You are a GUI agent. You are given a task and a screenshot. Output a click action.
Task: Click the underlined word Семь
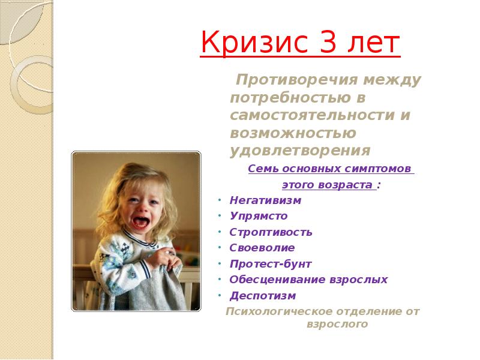pyautogui.click(x=262, y=169)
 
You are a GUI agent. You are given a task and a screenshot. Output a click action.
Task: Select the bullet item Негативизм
pyautogui.click(x=265, y=200)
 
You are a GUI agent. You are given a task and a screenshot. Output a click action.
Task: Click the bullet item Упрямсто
pyautogui.click(x=259, y=216)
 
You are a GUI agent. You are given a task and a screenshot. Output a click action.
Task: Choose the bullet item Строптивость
pyautogui.click(x=271, y=232)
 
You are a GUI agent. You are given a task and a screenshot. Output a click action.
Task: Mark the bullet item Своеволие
pyautogui.click(x=262, y=248)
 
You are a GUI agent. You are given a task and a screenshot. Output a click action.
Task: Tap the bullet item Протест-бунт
pyautogui.click(x=271, y=264)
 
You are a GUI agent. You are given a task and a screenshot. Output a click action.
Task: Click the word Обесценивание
pyautogui.click(x=277, y=280)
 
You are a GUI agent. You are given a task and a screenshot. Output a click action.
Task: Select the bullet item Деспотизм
pyautogui.click(x=263, y=296)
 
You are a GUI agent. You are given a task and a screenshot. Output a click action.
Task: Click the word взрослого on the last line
pyautogui.click(x=337, y=325)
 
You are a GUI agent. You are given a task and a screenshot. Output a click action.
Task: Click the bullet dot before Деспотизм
pyautogui.click(x=221, y=296)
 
